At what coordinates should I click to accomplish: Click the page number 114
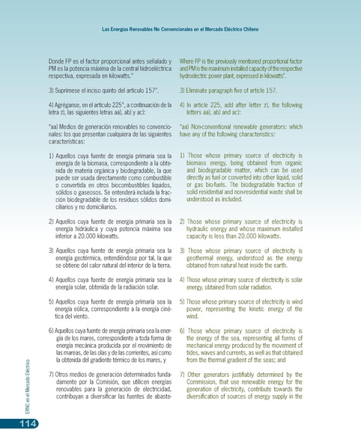[17, 424]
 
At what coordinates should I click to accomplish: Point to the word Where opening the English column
[189, 60]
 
